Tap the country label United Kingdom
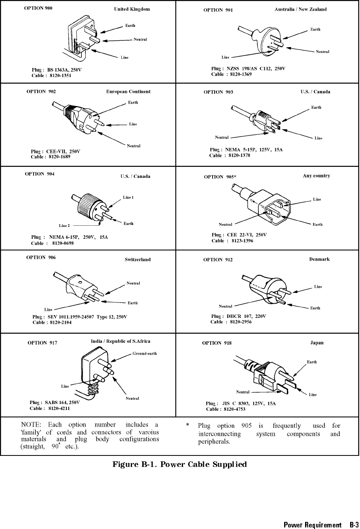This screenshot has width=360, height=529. [132, 9]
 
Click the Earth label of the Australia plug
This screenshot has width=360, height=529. [315, 29]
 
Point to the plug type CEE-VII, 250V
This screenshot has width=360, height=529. [63, 151]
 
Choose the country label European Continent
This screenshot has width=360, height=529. [128, 92]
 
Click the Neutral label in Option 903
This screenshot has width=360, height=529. [222, 138]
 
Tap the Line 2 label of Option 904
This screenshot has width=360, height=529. [64, 226]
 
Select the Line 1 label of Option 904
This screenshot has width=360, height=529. [128, 197]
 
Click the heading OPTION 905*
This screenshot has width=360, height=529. [220, 177]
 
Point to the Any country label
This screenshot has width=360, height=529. [317, 176]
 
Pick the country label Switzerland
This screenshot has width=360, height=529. [138, 260]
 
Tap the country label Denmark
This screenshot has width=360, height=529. [319, 259]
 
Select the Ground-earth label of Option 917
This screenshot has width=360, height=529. [145, 353]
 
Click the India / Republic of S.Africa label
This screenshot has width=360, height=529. [121, 341]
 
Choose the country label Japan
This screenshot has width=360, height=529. [317, 343]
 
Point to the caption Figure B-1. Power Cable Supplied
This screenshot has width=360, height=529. [180, 464]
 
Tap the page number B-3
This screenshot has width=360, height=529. [354, 525]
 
